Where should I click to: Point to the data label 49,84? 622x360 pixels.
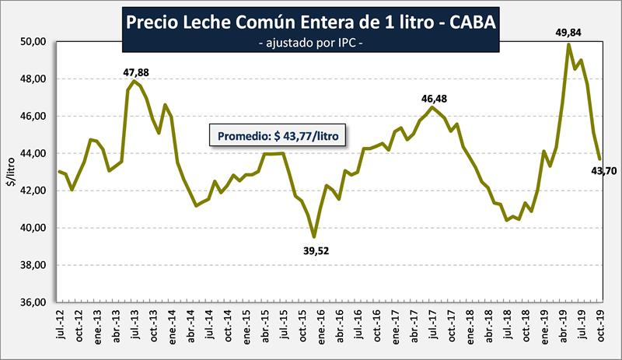(568, 33)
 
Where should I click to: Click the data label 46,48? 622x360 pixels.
(435, 98)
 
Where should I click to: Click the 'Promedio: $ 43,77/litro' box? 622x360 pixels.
(278, 135)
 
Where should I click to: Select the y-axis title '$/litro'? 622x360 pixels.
(11, 171)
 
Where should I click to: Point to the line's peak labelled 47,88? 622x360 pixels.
(135, 81)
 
